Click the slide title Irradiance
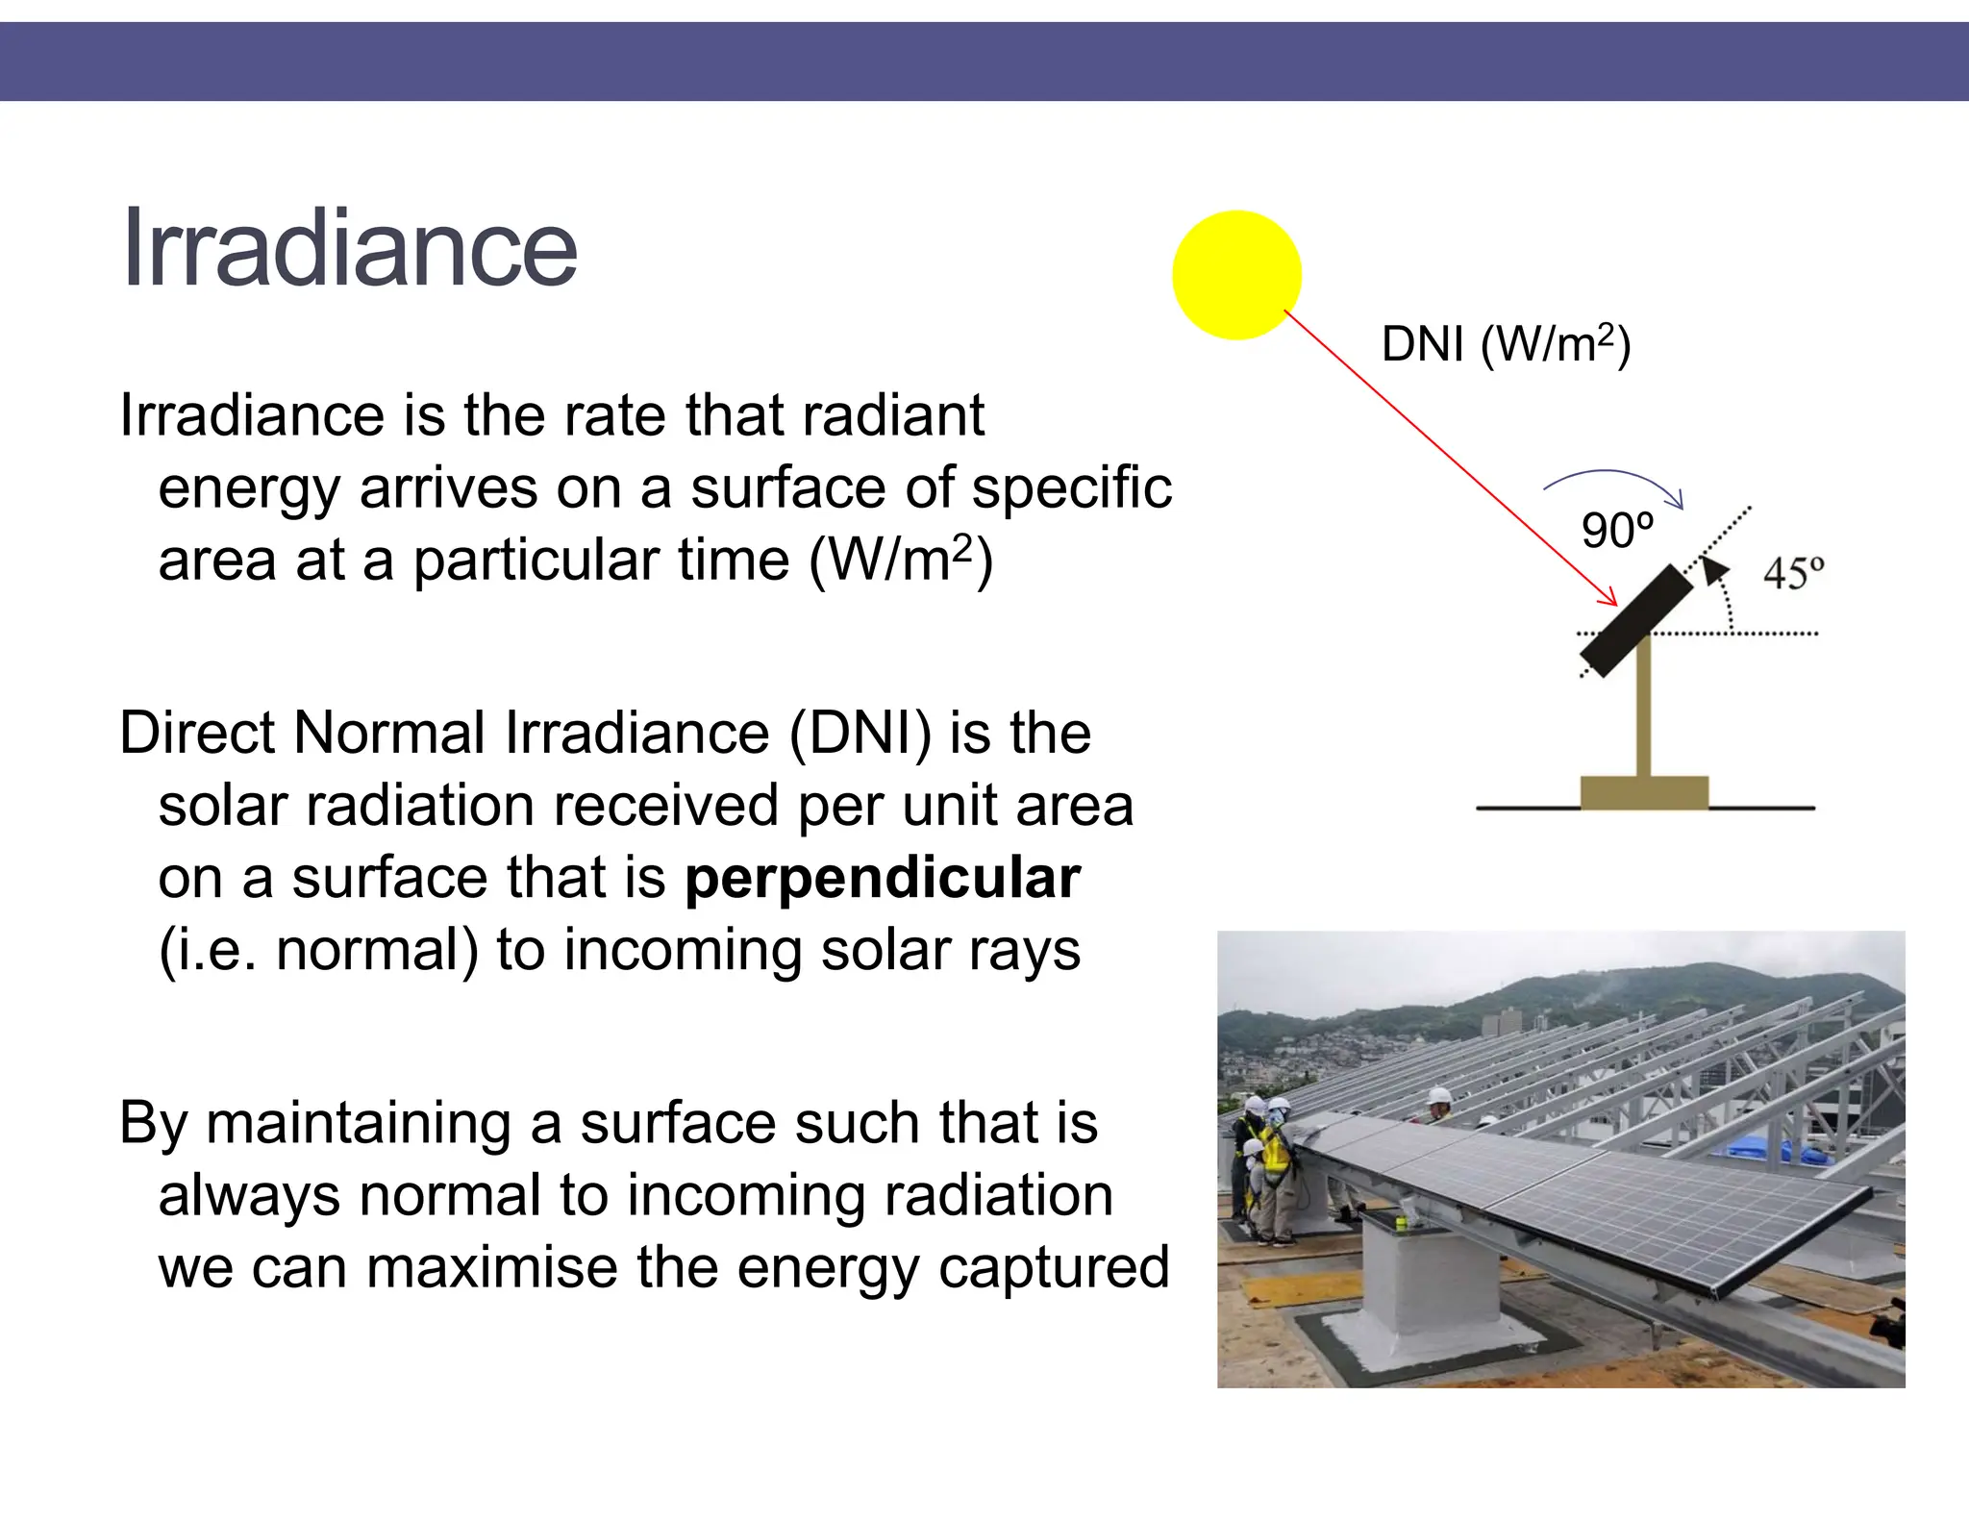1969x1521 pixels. point(349,248)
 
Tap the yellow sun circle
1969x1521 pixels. point(1236,275)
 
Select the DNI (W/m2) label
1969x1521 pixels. point(1505,344)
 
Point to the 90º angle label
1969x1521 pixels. point(1617,531)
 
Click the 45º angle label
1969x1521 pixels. point(1793,573)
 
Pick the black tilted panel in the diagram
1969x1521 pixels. point(1636,621)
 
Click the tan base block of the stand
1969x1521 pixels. point(1644,792)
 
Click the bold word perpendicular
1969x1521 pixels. point(883,878)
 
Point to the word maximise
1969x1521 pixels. point(491,1267)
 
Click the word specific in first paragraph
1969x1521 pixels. point(1072,488)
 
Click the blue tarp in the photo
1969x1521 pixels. point(1764,1149)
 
